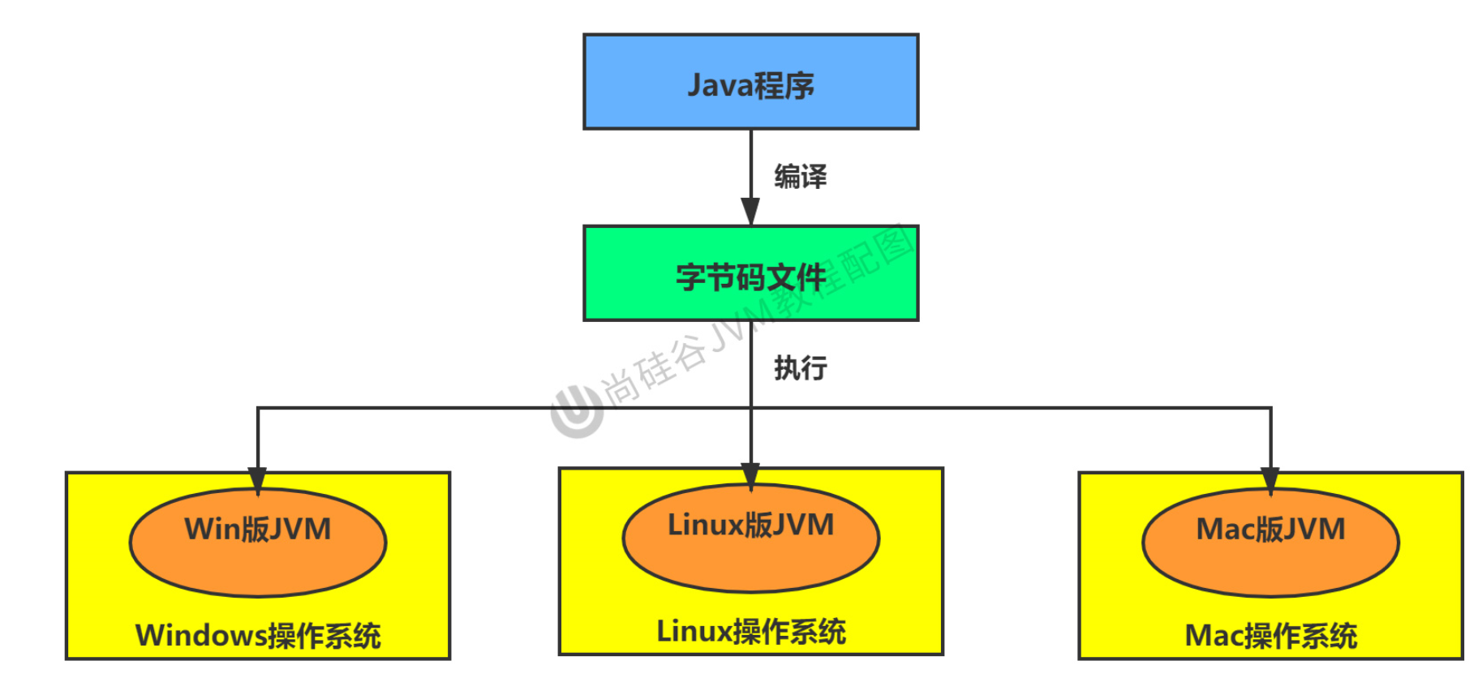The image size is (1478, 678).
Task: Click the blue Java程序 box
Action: [x=750, y=82]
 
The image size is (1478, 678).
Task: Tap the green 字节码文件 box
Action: [x=750, y=274]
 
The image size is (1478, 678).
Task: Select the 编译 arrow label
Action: [x=800, y=177]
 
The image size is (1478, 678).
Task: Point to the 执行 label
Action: [x=800, y=368]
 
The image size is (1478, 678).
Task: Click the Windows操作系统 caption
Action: [x=258, y=636]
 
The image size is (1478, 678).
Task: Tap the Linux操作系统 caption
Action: [x=750, y=632]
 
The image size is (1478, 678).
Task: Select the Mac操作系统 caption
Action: [x=1270, y=636]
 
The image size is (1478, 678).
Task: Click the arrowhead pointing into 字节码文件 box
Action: [x=750, y=212]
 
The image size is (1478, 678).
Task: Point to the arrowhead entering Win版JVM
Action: [x=258, y=480]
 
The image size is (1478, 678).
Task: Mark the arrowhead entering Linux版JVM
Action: [x=750, y=476]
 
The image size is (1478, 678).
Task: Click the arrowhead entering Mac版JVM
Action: [x=1270, y=480]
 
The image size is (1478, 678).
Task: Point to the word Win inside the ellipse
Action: [x=212, y=530]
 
